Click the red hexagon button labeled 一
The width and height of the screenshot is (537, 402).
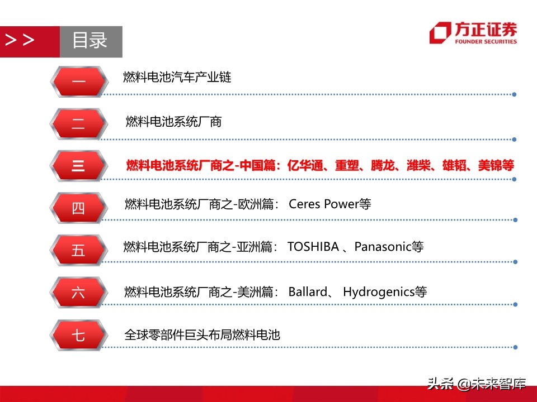78,82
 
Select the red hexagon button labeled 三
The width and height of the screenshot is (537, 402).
78,166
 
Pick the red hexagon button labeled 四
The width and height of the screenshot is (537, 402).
78,208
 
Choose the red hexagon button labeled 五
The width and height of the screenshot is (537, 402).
78,250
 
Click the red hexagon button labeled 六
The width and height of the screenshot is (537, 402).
78,292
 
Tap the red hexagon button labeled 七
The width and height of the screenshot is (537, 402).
78,335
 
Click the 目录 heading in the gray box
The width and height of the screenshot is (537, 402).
90,41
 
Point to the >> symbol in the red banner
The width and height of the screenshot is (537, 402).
20,40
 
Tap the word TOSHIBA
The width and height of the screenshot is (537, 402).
313,246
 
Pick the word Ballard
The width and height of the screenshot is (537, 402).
308,291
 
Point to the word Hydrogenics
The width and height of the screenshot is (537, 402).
378,291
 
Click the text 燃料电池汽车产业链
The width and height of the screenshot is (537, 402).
177,78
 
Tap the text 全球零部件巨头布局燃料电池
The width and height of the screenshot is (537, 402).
202,335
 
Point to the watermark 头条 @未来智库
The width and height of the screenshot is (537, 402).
477,384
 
